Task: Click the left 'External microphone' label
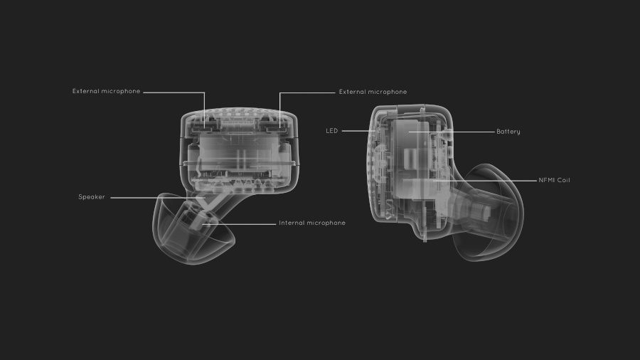[x=106, y=92]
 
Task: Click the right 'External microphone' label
[x=373, y=92]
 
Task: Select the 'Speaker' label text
[x=92, y=197]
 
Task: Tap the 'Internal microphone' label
[x=312, y=223]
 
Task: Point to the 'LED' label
[x=332, y=131]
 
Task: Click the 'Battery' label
[x=508, y=132]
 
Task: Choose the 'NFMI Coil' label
[x=554, y=180]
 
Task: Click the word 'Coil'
[x=563, y=180]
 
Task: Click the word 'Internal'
[x=291, y=223]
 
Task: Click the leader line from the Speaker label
[x=158, y=198]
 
